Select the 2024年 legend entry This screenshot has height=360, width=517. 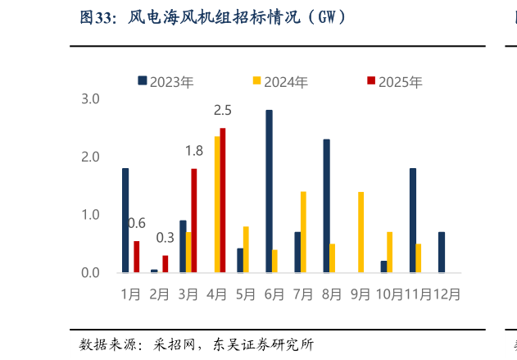point(280,81)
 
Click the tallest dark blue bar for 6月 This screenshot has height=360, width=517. point(269,191)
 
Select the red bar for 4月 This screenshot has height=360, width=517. point(223,200)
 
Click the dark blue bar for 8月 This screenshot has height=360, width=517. point(326,206)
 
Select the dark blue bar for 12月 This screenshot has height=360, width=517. point(442,252)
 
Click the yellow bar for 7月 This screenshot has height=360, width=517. point(303,232)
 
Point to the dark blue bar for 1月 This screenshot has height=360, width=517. point(125,221)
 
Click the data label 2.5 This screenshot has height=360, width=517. point(222,110)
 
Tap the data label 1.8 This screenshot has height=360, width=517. point(194,151)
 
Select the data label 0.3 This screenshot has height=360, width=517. point(165,238)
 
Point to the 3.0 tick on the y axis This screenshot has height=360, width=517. point(90,99)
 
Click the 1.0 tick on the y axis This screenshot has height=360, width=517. point(90,215)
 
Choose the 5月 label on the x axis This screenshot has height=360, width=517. point(245,294)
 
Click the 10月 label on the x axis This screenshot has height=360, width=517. point(388,294)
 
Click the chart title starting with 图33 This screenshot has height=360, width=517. point(213,17)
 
